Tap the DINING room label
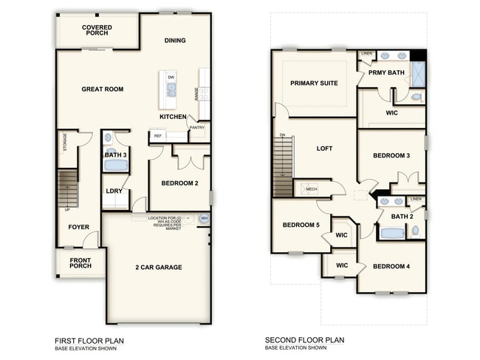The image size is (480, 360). (x=175, y=41)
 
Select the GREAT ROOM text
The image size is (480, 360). (x=102, y=89)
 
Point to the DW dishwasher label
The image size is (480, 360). (x=171, y=77)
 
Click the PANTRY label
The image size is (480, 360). (x=196, y=127)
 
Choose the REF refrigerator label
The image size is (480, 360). (x=157, y=136)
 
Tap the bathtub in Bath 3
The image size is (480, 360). (x=115, y=166)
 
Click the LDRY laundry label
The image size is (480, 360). (x=114, y=191)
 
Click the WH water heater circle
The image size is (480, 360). (x=205, y=219)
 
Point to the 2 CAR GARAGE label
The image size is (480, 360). (x=158, y=268)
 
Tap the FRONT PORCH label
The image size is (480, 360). (x=80, y=264)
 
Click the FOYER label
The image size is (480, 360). (x=79, y=227)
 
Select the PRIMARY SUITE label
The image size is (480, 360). (x=314, y=84)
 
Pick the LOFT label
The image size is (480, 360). (x=324, y=149)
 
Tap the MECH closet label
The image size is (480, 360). (x=312, y=189)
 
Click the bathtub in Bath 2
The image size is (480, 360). (x=392, y=234)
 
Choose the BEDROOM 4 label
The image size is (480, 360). (x=391, y=266)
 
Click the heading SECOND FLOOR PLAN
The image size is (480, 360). (x=304, y=341)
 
